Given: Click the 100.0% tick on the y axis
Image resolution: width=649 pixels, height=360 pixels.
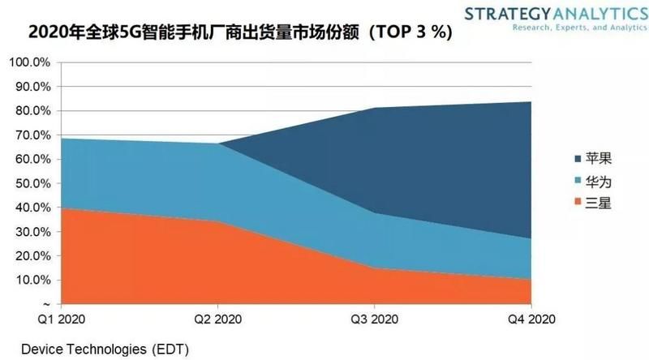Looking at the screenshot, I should [x=30, y=62].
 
